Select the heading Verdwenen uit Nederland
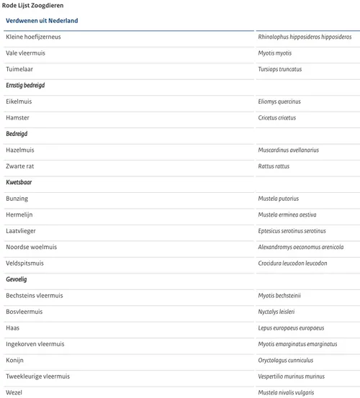coord(42,21)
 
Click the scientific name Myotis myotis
coord(275,53)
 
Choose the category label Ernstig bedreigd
coord(25,86)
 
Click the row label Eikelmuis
coord(19,101)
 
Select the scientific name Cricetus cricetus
coord(277,118)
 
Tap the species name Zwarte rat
coord(20,166)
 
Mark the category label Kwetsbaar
coord(19,183)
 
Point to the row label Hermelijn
coord(19,214)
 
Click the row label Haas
coord(13,327)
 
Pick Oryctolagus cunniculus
coord(287,360)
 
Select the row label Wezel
coord(14,392)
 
